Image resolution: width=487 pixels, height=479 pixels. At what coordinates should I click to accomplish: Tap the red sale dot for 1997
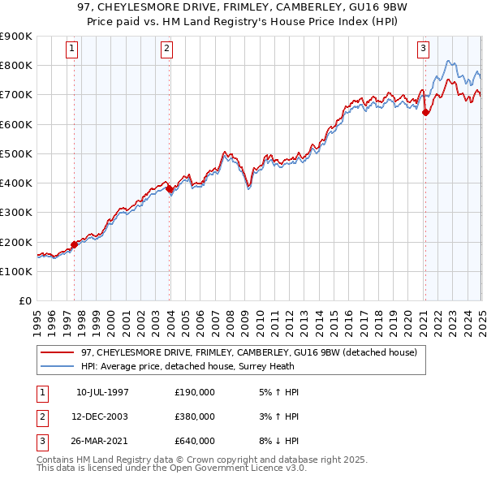click(74, 244)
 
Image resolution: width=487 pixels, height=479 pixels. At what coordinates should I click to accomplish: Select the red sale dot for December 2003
click(170, 189)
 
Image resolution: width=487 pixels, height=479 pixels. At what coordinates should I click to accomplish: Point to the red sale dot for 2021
click(425, 113)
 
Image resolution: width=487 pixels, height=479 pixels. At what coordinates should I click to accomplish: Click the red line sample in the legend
click(58, 352)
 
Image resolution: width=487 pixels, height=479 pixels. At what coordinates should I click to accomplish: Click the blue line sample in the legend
click(58, 366)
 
